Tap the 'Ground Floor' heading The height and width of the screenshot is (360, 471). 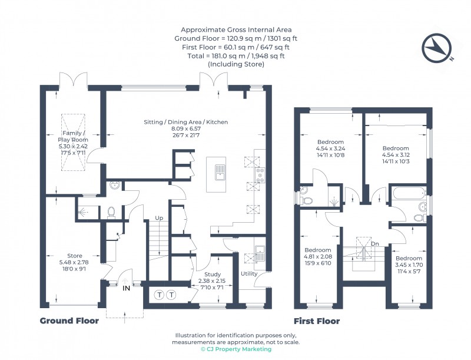[69, 321]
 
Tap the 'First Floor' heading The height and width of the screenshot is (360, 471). [317, 321]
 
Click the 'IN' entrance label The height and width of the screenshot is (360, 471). [126, 289]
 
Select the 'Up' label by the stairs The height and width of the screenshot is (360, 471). [158, 218]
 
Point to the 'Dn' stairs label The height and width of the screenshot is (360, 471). [374, 243]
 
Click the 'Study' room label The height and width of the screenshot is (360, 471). [212, 274]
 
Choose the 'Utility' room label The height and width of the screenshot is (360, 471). [249, 274]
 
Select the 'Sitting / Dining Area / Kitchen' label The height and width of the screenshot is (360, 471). [185, 122]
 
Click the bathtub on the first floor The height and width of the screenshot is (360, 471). [408, 193]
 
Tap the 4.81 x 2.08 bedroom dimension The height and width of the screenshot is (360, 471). [317, 256]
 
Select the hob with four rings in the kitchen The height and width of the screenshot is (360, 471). [260, 173]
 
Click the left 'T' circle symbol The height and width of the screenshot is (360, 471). [159, 294]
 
